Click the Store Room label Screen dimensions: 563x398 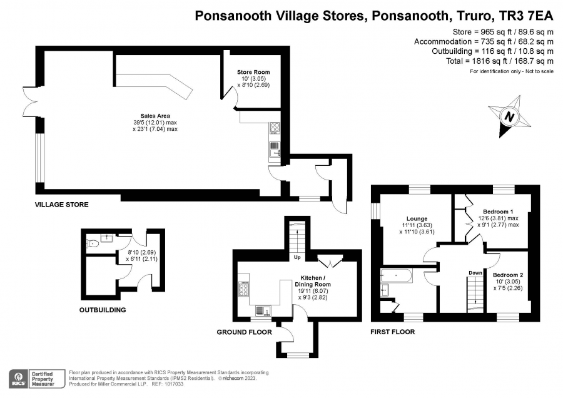pos(253,72)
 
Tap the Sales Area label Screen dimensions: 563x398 pos(155,116)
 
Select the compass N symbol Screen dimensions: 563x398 pos(509,116)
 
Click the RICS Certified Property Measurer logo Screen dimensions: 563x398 pos(37,379)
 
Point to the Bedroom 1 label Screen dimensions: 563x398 pos(498,212)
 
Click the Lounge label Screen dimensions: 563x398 pos(417,219)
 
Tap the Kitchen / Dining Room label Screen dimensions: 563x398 pos(313,281)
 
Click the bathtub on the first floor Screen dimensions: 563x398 pos(397,275)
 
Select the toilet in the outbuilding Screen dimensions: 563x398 pos(93,243)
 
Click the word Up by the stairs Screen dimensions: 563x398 pos(297,257)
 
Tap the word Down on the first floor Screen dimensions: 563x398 pos(475,273)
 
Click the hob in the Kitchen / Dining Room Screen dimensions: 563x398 pos(244,288)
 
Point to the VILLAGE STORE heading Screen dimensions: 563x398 pos(61,205)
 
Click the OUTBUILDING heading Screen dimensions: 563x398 pos(103,310)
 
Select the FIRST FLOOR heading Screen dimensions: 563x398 pos(392,332)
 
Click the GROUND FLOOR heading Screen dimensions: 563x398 pos(244,332)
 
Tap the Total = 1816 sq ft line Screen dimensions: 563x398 pos(499,61)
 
